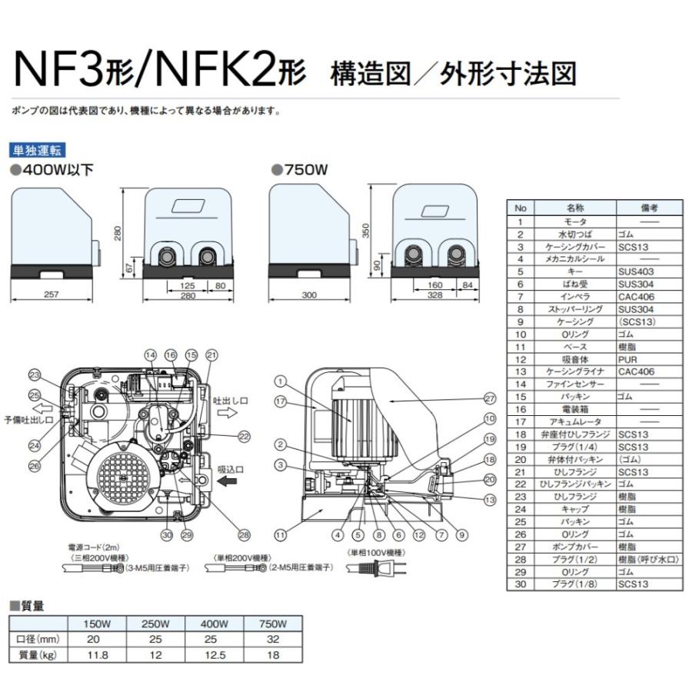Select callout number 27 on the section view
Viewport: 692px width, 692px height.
[490, 398]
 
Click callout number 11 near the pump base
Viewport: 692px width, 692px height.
[280, 533]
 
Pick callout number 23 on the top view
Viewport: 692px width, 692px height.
[34, 375]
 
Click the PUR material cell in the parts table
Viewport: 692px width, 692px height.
[628, 359]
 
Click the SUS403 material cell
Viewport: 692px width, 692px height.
[635, 271]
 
